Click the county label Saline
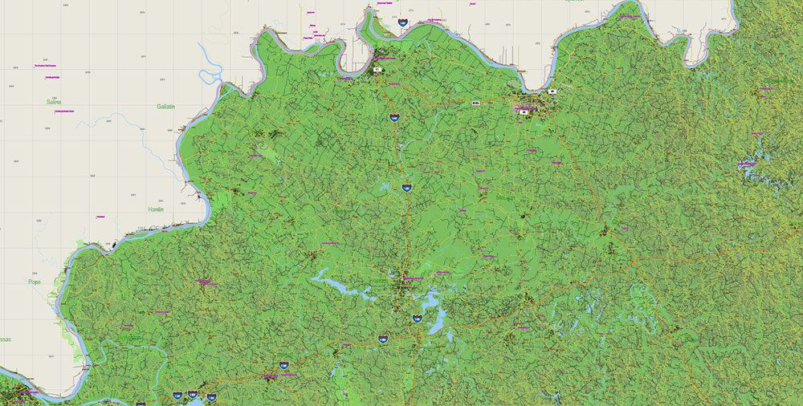pyautogui.click(x=54, y=103)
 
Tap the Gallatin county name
pyautogui.click(x=165, y=106)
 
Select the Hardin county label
pyautogui.click(x=156, y=209)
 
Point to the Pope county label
pyautogui.click(x=34, y=282)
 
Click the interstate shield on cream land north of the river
pyautogui.click(x=402, y=24)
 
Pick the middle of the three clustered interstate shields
pyautogui.click(x=193, y=394)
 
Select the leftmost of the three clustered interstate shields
pyautogui.click(x=177, y=395)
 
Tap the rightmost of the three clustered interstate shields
pyautogui.click(x=211, y=396)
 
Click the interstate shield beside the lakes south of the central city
pyautogui.click(x=417, y=319)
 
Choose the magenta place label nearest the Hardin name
pyautogui.click(x=100, y=217)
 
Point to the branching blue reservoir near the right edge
pyautogui.click(x=751, y=164)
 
